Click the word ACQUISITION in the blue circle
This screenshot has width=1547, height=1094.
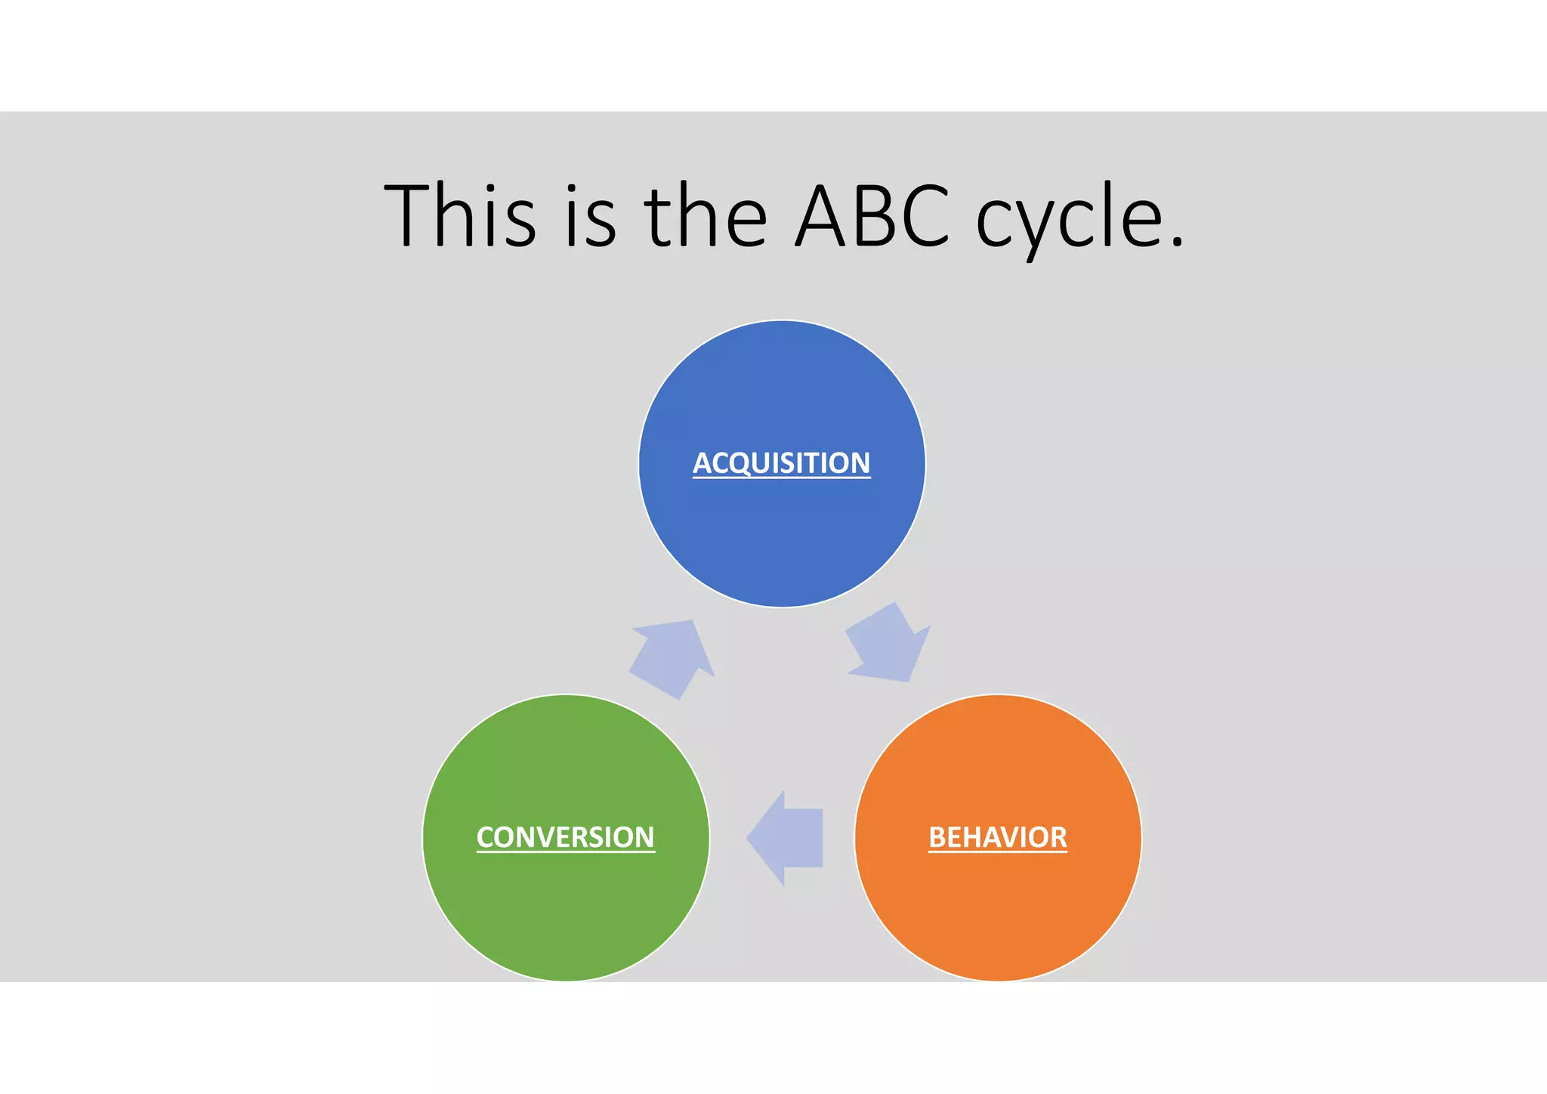pos(782,462)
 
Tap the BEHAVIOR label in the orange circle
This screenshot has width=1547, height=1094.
pos(997,837)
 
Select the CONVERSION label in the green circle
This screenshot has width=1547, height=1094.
pos(565,837)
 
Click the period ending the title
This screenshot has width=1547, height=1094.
pos(1176,242)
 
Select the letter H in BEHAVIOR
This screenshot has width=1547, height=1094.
pos(970,837)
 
